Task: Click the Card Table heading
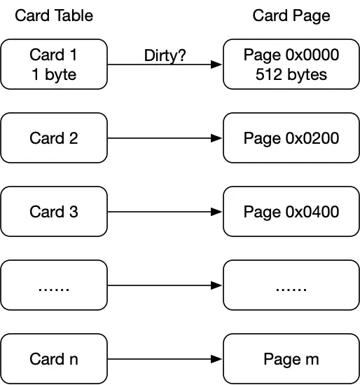[x=54, y=15]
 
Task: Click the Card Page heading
[x=291, y=16]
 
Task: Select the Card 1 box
[x=54, y=64]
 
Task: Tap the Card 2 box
[x=54, y=137]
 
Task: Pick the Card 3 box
[x=54, y=211]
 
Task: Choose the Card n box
[x=54, y=359]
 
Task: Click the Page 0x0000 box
[x=291, y=64]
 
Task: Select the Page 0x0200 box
[x=291, y=137]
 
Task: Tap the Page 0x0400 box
[x=291, y=211]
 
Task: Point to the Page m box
[x=291, y=359]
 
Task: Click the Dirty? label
[x=165, y=55]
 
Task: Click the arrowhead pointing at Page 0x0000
[x=216, y=65]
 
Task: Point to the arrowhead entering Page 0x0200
[x=216, y=138]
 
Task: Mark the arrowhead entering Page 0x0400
[x=216, y=212]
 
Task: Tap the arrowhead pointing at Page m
[x=216, y=359]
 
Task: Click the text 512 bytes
[x=291, y=74]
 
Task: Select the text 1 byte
[x=54, y=74]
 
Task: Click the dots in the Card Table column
[x=54, y=289]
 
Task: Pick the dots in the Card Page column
[x=291, y=289]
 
